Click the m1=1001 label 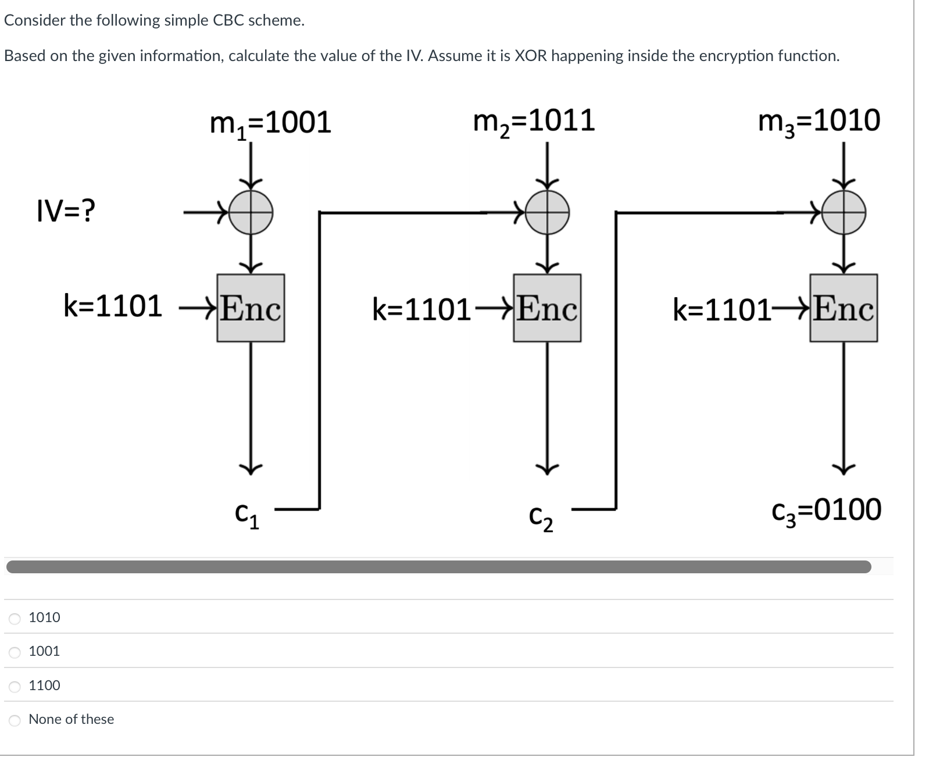[x=270, y=123]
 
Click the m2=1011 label [x=534, y=121]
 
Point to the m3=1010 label [x=819, y=121]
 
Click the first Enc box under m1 [x=251, y=308]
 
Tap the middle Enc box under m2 [x=547, y=308]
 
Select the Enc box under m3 [x=843, y=308]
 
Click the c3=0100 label [x=826, y=510]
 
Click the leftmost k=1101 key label [x=113, y=306]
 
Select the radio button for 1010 [x=15, y=619]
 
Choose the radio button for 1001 [x=15, y=652]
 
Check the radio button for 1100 [x=15, y=687]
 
